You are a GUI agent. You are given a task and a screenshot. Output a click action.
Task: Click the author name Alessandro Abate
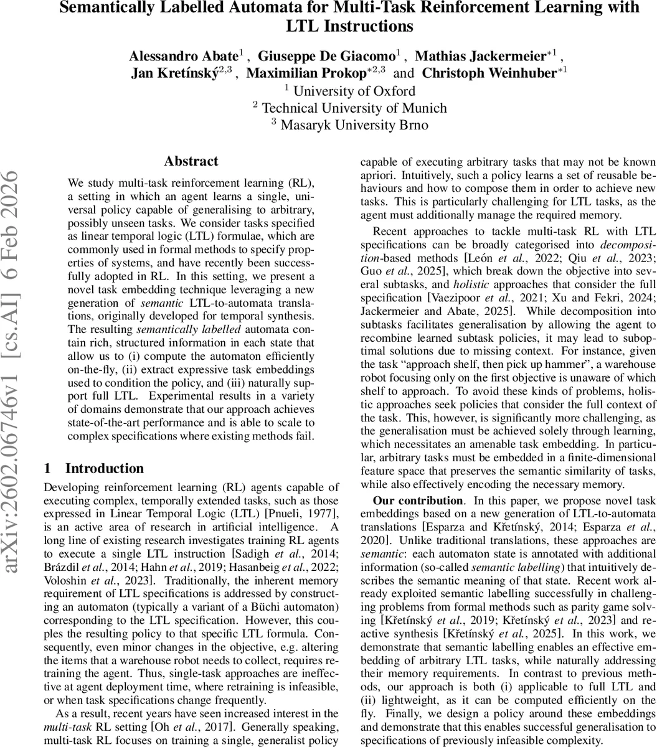181,56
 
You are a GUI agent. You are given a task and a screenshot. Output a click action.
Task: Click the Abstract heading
191,162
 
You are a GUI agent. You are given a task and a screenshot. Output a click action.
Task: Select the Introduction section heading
104,469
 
